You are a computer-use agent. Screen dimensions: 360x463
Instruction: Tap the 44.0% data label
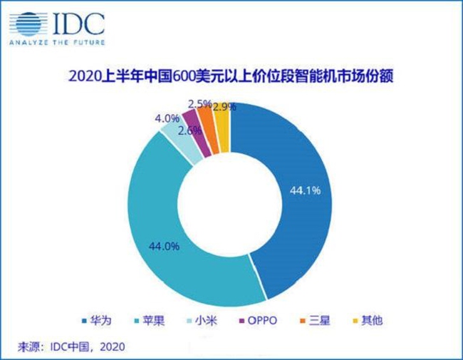(x=162, y=246)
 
